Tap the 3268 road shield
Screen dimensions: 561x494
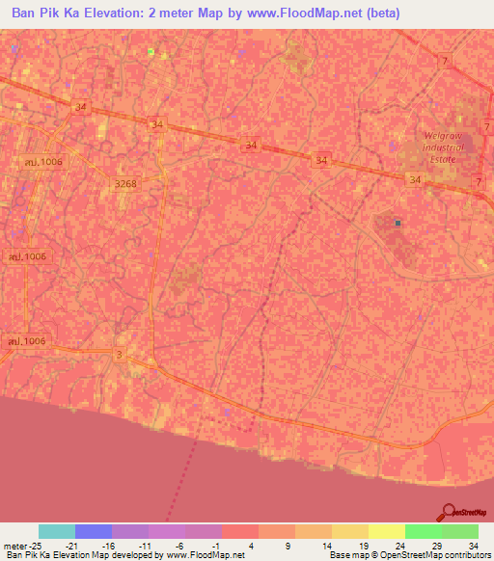125,183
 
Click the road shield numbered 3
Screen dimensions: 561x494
119,356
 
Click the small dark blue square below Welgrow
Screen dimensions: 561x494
398,223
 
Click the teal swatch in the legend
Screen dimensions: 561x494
56,531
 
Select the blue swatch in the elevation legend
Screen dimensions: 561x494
93,531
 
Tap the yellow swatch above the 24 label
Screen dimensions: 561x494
386,531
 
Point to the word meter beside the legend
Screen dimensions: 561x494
16,546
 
